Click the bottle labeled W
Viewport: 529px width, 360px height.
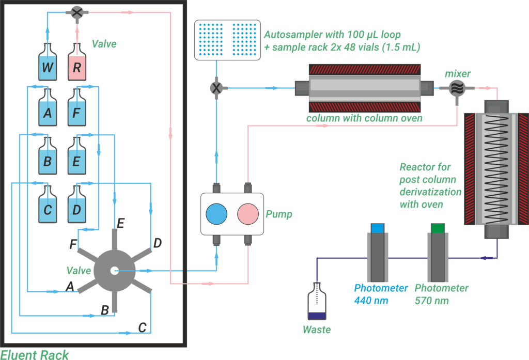pyautogui.click(x=47, y=64)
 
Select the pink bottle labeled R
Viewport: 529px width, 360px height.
pyautogui.click(x=76, y=64)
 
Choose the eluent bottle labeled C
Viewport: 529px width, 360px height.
pyautogui.click(x=47, y=206)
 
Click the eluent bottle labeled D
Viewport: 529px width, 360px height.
pyautogui.click(x=76, y=206)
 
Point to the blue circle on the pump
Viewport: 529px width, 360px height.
pyautogui.click(x=216, y=213)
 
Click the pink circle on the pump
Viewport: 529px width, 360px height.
pyautogui.click(x=247, y=213)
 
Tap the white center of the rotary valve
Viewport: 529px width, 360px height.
pyautogui.click(x=114, y=270)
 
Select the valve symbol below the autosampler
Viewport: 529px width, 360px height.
pyautogui.click(x=216, y=88)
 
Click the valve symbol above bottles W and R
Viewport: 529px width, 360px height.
pyautogui.click(x=77, y=13)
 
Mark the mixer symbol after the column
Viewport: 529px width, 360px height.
pyautogui.click(x=456, y=88)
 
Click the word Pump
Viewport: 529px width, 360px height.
pyautogui.click(x=279, y=214)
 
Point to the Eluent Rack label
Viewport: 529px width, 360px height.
pyautogui.click(x=35, y=354)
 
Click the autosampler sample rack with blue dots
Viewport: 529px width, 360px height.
pyautogui.click(x=225, y=40)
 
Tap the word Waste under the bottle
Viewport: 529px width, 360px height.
pyautogui.click(x=317, y=330)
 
